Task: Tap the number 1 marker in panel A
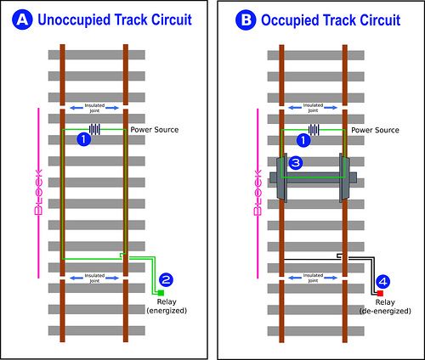pyautogui.click(x=82, y=138)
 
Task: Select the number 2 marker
pyautogui.click(x=167, y=278)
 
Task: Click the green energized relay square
pyautogui.click(x=160, y=293)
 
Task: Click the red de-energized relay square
pyautogui.click(x=378, y=293)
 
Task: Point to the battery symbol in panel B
pyautogui.click(x=314, y=130)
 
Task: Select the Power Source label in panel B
pyautogui.click(x=376, y=130)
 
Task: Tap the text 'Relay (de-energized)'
pyautogui.click(x=384, y=307)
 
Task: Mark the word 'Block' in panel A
pyautogui.click(x=37, y=193)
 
